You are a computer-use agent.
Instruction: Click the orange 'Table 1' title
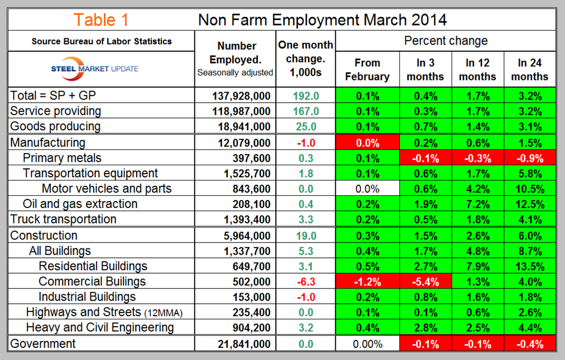click(101, 20)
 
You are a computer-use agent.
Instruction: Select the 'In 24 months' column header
click(530, 69)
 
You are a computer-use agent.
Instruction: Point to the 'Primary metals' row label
click(62, 158)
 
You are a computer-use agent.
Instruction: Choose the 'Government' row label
click(43, 344)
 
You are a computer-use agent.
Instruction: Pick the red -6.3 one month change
click(306, 282)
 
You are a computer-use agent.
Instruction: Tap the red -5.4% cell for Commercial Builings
click(425, 282)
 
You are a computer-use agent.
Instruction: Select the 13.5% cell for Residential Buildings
click(530, 266)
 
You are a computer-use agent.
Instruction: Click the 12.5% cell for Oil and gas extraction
click(530, 204)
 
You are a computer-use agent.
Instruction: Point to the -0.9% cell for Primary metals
click(530, 158)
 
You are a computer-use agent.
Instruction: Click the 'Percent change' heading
click(446, 41)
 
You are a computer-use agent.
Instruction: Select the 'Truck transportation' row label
click(63, 219)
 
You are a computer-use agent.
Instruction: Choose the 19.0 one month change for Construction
click(306, 236)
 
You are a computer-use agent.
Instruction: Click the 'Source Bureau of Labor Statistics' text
click(102, 41)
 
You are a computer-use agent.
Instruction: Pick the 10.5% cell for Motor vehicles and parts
click(530, 189)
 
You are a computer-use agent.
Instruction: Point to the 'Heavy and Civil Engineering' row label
click(100, 328)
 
